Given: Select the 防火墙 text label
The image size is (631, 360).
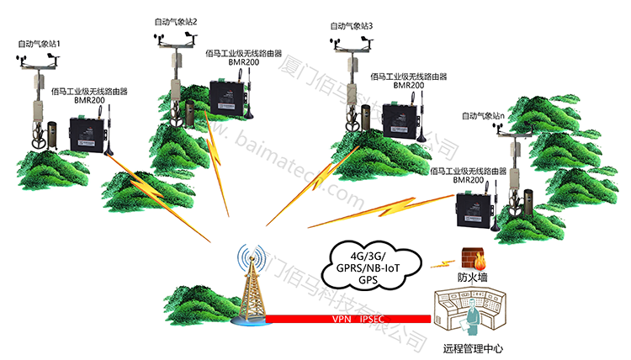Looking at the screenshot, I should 472,277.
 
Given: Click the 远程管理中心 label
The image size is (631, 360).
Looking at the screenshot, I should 473,347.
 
